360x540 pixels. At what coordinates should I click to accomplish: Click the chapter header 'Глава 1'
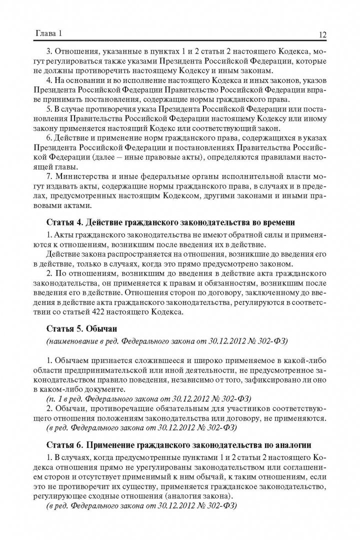coord(47,34)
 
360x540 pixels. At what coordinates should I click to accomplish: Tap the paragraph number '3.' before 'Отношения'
coord(49,51)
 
